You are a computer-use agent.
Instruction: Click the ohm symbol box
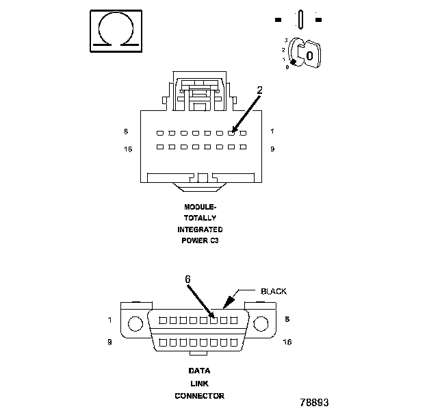click(x=116, y=30)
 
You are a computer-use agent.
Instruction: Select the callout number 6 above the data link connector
click(x=188, y=279)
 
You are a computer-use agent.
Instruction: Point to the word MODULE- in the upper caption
click(x=200, y=206)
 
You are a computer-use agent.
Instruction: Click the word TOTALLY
click(x=200, y=218)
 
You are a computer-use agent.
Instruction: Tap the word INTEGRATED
click(x=200, y=229)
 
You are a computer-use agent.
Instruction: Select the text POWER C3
click(x=200, y=241)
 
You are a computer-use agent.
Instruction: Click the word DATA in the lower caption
click(x=199, y=371)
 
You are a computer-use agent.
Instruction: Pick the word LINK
click(x=199, y=384)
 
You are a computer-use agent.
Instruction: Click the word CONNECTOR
click(x=199, y=396)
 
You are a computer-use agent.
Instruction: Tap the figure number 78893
click(x=314, y=402)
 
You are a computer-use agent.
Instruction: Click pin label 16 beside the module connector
click(x=127, y=149)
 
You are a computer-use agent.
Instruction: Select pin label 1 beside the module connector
click(x=272, y=131)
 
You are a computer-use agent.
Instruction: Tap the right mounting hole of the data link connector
click(x=261, y=324)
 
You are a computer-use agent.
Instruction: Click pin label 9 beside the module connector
click(x=272, y=149)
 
